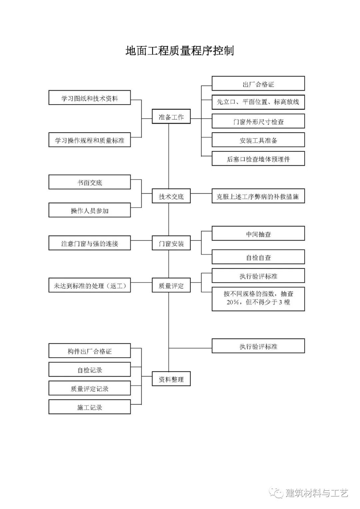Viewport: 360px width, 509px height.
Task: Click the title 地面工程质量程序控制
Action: [x=180, y=51]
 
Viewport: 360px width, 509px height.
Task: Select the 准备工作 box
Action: [x=171, y=117]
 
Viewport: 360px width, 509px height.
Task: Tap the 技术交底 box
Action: [x=171, y=196]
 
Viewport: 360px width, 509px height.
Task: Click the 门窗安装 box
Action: [x=171, y=243]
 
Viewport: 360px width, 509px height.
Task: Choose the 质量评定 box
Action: [x=171, y=285]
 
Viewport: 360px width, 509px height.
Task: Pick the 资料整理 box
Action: [x=171, y=379]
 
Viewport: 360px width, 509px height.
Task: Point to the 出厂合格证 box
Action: [x=258, y=84]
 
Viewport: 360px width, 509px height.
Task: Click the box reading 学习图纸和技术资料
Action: [x=89, y=98]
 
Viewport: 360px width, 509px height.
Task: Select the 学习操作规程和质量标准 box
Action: [x=89, y=140]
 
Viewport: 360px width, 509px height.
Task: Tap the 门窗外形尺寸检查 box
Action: [x=258, y=121]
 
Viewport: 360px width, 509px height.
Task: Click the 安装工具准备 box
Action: [x=258, y=140]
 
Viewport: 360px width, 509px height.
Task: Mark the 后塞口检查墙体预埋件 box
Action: [x=258, y=159]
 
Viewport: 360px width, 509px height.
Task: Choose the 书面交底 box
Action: [x=89, y=182]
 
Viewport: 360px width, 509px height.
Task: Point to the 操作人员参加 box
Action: [x=89, y=210]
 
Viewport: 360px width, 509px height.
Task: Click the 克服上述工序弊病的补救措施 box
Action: [x=258, y=196]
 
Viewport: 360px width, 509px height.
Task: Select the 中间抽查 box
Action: [x=258, y=234]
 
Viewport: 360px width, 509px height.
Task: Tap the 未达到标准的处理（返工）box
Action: [x=89, y=285]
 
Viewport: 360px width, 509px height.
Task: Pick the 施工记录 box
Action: [x=89, y=407]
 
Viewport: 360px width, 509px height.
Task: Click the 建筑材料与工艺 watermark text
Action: [x=317, y=493]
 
